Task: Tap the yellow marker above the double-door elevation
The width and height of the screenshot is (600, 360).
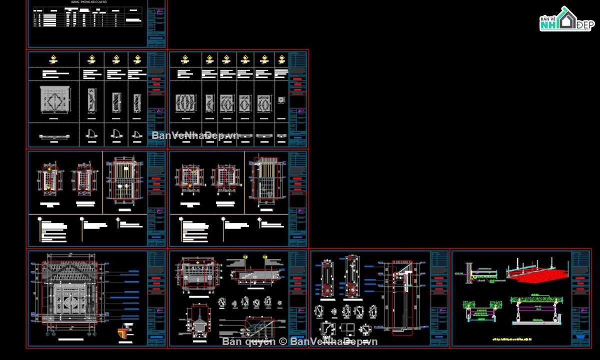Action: (53, 59)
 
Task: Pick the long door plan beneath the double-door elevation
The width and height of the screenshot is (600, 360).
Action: (54, 135)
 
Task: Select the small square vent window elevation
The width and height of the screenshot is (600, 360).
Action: (281, 100)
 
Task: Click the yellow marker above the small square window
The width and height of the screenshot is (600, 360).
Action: (281, 59)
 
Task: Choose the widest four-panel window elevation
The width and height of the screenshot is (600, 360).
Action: (185, 103)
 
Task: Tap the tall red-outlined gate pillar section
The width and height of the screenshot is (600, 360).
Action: (402, 295)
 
